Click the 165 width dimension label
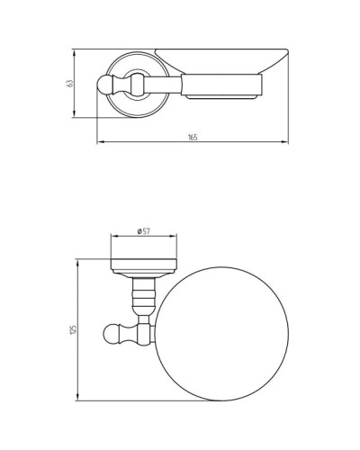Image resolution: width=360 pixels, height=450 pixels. [x=192, y=137]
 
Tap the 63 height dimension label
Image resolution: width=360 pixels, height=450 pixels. [x=69, y=83]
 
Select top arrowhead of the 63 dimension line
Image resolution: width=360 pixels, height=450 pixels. [x=76, y=49]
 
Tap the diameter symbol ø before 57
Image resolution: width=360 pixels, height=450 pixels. [x=138, y=231]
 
